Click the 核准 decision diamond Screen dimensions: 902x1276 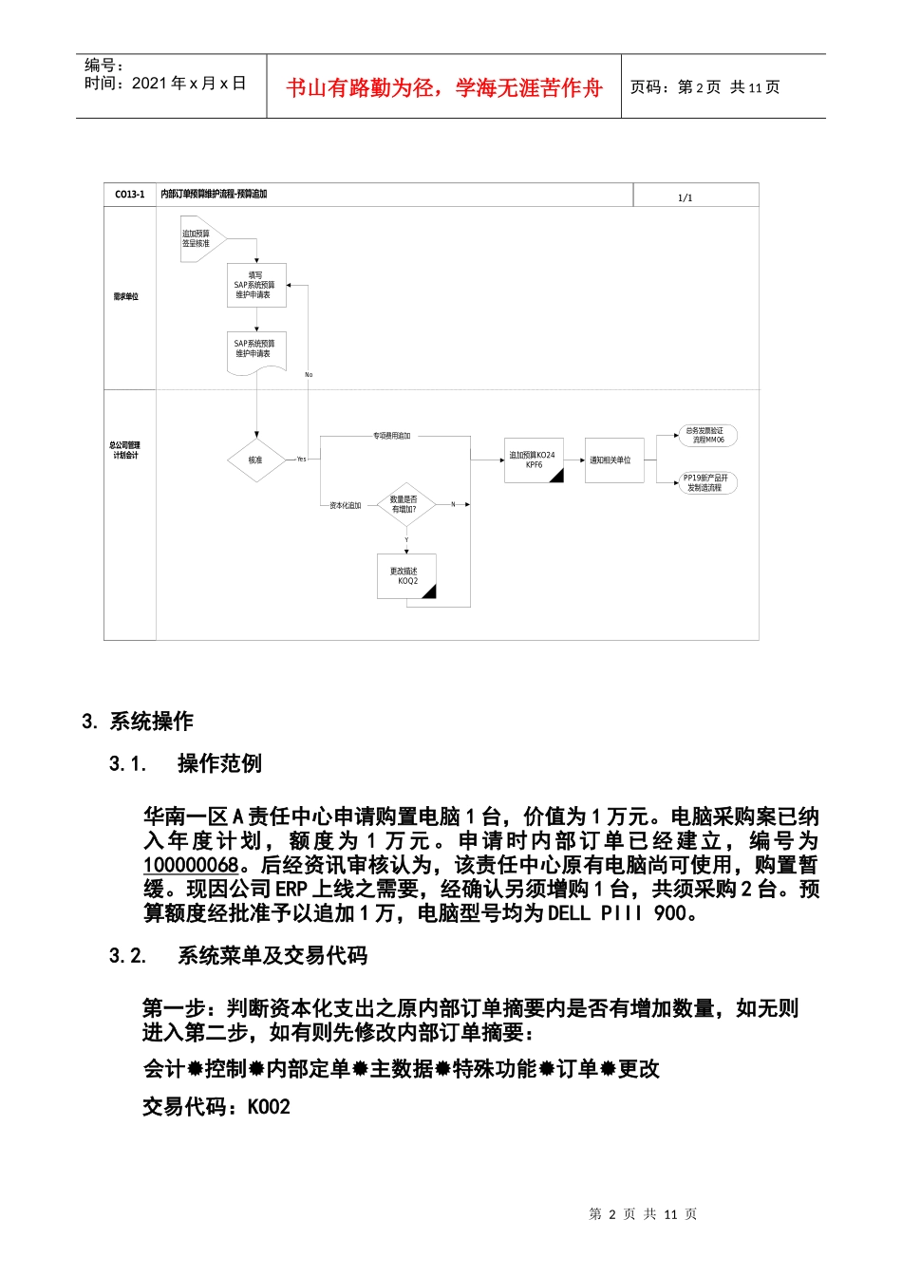tap(256, 460)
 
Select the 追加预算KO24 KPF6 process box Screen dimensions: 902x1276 tap(534, 460)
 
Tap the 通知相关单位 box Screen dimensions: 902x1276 tap(613, 460)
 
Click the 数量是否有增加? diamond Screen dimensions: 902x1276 tap(404, 504)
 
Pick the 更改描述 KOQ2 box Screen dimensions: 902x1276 tap(406, 576)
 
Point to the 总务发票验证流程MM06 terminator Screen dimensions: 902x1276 tap(706, 436)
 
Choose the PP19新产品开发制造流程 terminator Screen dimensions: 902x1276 tap(706, 482)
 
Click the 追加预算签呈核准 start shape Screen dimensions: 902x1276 tap(199, 238)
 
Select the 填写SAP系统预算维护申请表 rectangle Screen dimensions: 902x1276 tap(255, 285)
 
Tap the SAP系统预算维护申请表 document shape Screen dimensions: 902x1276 tap(255, 350)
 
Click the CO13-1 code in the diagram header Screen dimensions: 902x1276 tap(130, 195)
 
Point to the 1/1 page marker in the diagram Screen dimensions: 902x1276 tap(686, 198)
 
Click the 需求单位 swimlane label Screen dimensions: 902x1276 tap(126, 297)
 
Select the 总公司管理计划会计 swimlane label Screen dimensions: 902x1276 tap(126, 450)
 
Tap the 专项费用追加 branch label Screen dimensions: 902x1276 tap(392, 436)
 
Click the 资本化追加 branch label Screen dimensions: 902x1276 tap(346, 506)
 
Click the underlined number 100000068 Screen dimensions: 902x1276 tap(191, 865)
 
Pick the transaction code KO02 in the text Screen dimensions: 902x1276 tap(269, 1107)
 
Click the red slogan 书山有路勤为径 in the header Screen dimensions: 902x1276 tap(444, 88)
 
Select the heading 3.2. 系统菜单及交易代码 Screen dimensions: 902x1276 tap(238, 956)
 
